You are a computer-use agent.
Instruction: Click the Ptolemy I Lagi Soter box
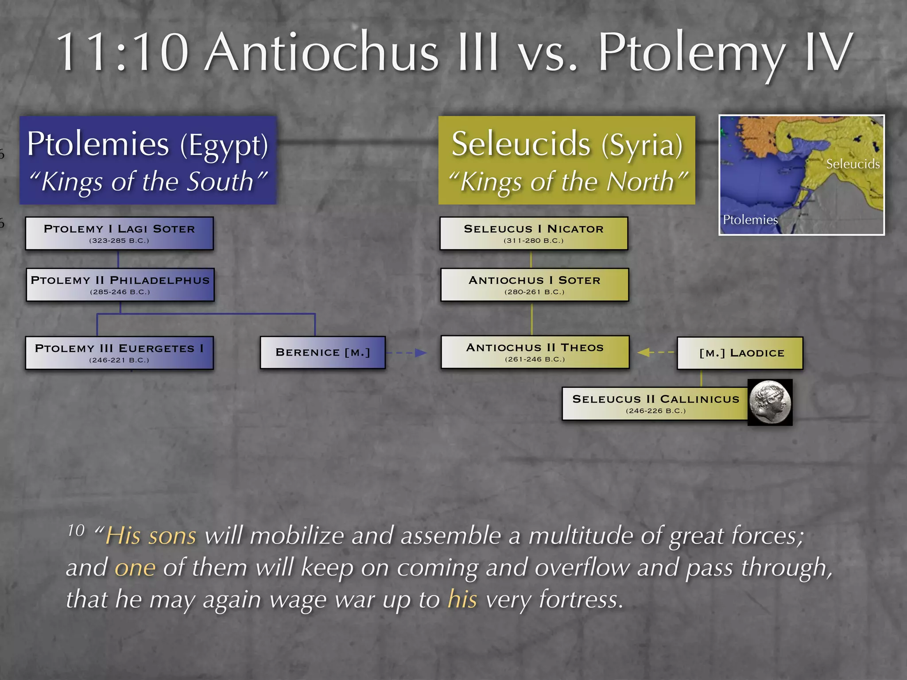[x=119, y=233]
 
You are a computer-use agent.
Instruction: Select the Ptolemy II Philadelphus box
[x=120, y=285]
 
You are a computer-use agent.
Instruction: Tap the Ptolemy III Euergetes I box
[x=119, y=353]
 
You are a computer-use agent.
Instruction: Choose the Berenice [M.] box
[x=322, y=352]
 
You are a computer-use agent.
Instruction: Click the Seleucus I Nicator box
[x=534, y=233]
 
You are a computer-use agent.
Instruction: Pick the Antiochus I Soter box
[x=535, y=285]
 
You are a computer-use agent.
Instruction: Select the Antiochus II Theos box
[x=535, y=352]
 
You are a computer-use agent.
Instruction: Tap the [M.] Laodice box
[x=740, y=353]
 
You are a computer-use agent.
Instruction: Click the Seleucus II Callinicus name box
[x=655, y=403]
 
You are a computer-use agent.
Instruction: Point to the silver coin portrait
[x=770, y=402]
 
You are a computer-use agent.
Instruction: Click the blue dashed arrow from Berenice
[x=407, y=353]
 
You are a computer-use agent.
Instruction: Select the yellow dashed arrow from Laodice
[x=655, y=352]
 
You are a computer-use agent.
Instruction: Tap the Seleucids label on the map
[x=853, y=164]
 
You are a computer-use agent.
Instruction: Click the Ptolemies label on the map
[x=750, y=220]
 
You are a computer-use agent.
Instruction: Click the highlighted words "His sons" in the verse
[x=151, y=536]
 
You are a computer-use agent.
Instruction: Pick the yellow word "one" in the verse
[x=135, y=568]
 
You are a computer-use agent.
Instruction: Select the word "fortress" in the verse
[x=578, y=599]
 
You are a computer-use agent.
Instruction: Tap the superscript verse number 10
[x=76, y=530]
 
